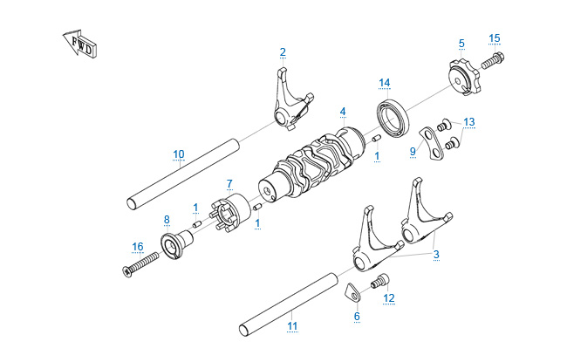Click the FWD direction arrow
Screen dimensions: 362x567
click(x=79, y=46)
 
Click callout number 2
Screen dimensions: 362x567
click(x=283, y=51)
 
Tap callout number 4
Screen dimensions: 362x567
click(x=343, y=112)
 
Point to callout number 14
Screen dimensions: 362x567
click(x=384, y=83)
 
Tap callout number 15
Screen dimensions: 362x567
click(x=495, y=38)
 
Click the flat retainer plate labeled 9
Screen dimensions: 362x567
click(x=427, y=140)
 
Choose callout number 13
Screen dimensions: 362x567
click(x=469, y=121)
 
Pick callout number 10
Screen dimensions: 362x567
click(x=178, y=154)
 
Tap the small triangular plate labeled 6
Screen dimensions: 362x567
click(x=352, y=291)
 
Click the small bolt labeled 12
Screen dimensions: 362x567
click(x=379, y=281)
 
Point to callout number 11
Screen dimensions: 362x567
click(x=292, y=326)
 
